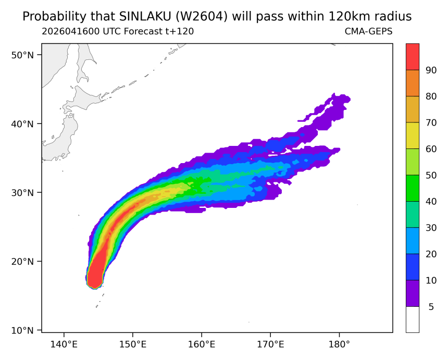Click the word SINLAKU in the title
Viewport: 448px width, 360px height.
point(144,17)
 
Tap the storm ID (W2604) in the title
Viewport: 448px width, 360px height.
point(201,17)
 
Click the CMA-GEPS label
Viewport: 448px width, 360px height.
point(369,31)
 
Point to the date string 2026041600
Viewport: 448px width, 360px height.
point(70,31)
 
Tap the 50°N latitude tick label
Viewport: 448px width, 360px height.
point(22,55)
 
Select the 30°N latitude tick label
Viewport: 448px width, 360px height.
point(22,193)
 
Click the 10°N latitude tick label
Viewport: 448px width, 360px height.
point(22,331)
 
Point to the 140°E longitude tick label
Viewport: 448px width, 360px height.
point(64,344)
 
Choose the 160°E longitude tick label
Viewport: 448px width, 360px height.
point(202,344)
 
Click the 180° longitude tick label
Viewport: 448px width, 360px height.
point(339,344)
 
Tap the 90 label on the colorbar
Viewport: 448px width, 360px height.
point(431,70)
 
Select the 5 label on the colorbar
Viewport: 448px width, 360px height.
point(431,306)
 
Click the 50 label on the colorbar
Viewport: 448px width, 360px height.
point(431,175)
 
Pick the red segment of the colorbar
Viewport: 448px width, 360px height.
point(413,57)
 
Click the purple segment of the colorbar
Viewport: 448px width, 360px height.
point(413,293)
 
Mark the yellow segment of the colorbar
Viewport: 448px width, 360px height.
point(413,135)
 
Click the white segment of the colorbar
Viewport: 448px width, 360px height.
point(413,319)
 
